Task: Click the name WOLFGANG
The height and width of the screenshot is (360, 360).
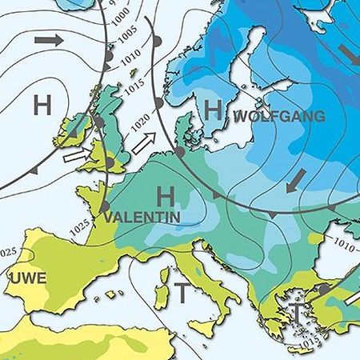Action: [x=279, y=117]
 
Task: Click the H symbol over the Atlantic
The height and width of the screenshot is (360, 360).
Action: [x=42, y=103]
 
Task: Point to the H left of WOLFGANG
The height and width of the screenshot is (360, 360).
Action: [x=212, y=110]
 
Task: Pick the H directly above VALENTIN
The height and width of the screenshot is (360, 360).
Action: [x=166, y=194]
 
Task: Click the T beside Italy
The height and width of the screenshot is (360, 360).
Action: [x=182, y=293]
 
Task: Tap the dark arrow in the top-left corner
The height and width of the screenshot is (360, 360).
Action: [x=48, y=39]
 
